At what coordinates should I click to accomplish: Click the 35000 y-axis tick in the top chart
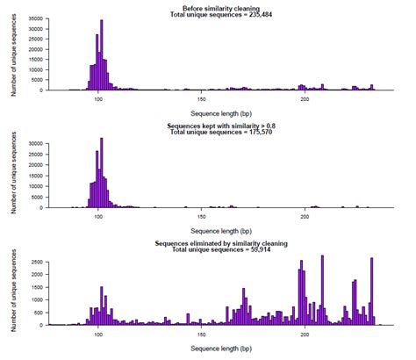[53, 18]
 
